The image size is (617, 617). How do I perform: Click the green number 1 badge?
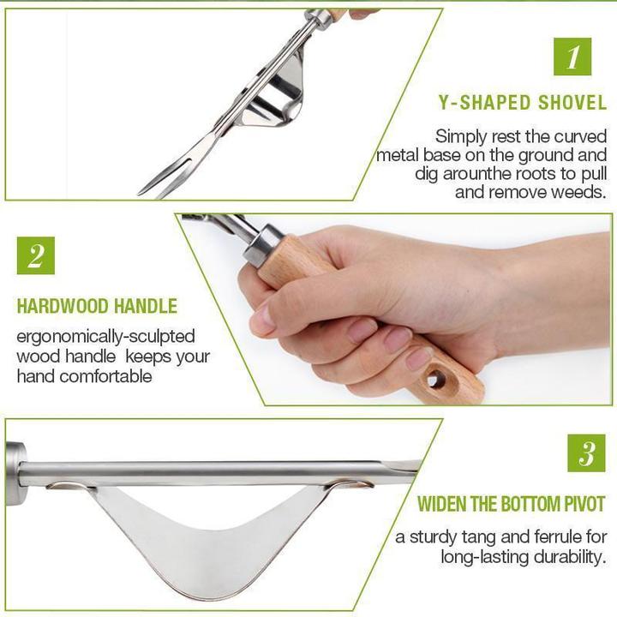572,57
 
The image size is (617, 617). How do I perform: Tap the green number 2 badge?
35,255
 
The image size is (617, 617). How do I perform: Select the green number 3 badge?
586,452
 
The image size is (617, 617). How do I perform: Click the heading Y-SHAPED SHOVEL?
522,104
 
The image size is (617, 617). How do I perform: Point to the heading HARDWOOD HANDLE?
97,306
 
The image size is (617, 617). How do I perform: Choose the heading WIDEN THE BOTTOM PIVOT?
512,503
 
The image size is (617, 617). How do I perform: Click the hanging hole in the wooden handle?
436,380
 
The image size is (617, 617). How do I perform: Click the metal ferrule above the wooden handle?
261,244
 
